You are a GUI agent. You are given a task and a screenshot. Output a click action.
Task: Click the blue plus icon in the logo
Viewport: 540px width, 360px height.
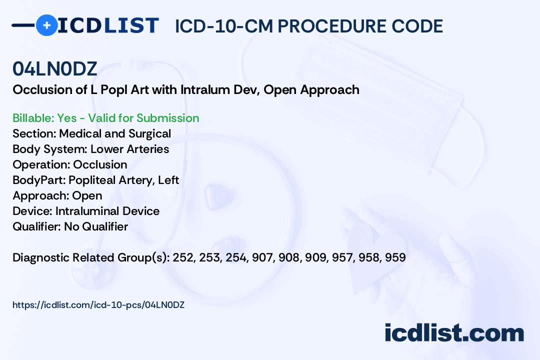[x=47, y=25]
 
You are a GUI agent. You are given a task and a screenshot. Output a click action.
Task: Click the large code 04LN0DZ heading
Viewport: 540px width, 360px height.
[x=55, y=69]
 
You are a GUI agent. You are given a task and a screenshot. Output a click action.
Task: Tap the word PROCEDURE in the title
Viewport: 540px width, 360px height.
[x=331, y=26]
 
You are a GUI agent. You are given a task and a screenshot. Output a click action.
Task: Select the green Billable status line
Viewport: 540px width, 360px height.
[x=105, y=118]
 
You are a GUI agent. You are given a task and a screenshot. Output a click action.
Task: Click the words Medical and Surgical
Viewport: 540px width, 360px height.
[x=115, y=133]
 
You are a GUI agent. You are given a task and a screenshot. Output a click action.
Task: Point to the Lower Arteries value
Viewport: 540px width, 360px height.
[x=129, y=149]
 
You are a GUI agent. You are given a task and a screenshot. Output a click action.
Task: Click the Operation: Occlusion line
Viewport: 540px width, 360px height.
[x=70, y=164]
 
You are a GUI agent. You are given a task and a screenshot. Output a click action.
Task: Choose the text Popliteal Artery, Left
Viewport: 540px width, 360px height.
[x=123, y=180]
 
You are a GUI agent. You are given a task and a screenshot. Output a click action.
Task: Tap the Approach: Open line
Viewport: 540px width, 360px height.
[x=57, y=195]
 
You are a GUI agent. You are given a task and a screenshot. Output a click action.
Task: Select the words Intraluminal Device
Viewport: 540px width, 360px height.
[x=107, y=211]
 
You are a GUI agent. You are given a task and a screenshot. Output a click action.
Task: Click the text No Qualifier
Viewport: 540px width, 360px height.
[x=96, y=226]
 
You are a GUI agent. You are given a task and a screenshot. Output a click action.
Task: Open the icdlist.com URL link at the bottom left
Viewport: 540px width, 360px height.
[x=98, y=305]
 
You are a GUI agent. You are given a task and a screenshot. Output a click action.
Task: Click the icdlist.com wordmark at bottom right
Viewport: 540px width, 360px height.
[x=454, y=333]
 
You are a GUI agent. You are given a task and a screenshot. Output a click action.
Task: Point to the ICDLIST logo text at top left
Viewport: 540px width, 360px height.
[x=108, y=25]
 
